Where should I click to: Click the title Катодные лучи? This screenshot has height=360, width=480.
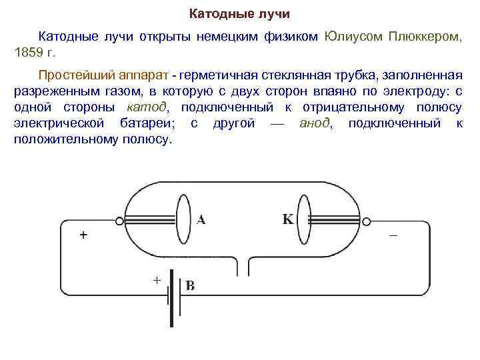[x=240, y=13]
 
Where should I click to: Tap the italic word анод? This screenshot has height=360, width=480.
[x=315, y=124]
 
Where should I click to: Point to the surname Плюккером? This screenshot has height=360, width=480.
[x=427, y=36]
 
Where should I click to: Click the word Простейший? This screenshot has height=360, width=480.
[x=71, y=73]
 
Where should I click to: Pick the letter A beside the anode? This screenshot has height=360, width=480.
[x=200, y=220]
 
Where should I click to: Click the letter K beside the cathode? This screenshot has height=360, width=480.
[x=288, y=219]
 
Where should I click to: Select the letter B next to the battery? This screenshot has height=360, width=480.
[x=190, y=286]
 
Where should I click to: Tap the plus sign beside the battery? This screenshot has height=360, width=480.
[x=157, y=281]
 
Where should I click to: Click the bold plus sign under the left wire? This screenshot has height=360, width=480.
[x=83, y=235]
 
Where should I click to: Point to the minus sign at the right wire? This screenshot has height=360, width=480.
[x=393, y=236]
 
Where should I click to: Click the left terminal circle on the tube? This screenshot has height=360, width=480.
[x=119, y=221]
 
